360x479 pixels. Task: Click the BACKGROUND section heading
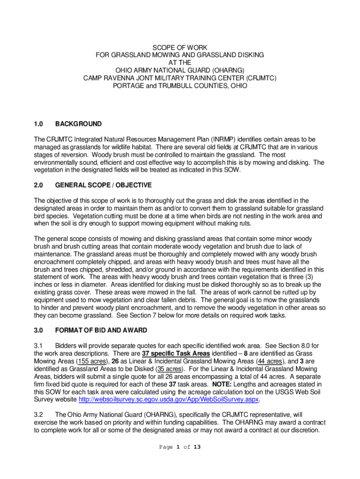click(78, 124)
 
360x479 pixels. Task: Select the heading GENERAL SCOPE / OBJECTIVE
click(103, 185)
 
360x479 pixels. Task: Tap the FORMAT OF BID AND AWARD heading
click(101, 330)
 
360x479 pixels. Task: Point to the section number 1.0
click(38, 124)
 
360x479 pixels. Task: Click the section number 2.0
click(38, 185)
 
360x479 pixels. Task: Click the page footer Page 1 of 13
click(180, 447)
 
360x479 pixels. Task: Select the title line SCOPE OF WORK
click(180, 48)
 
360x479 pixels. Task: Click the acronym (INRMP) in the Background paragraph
click(227, 139)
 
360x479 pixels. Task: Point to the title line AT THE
click(180, 63)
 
